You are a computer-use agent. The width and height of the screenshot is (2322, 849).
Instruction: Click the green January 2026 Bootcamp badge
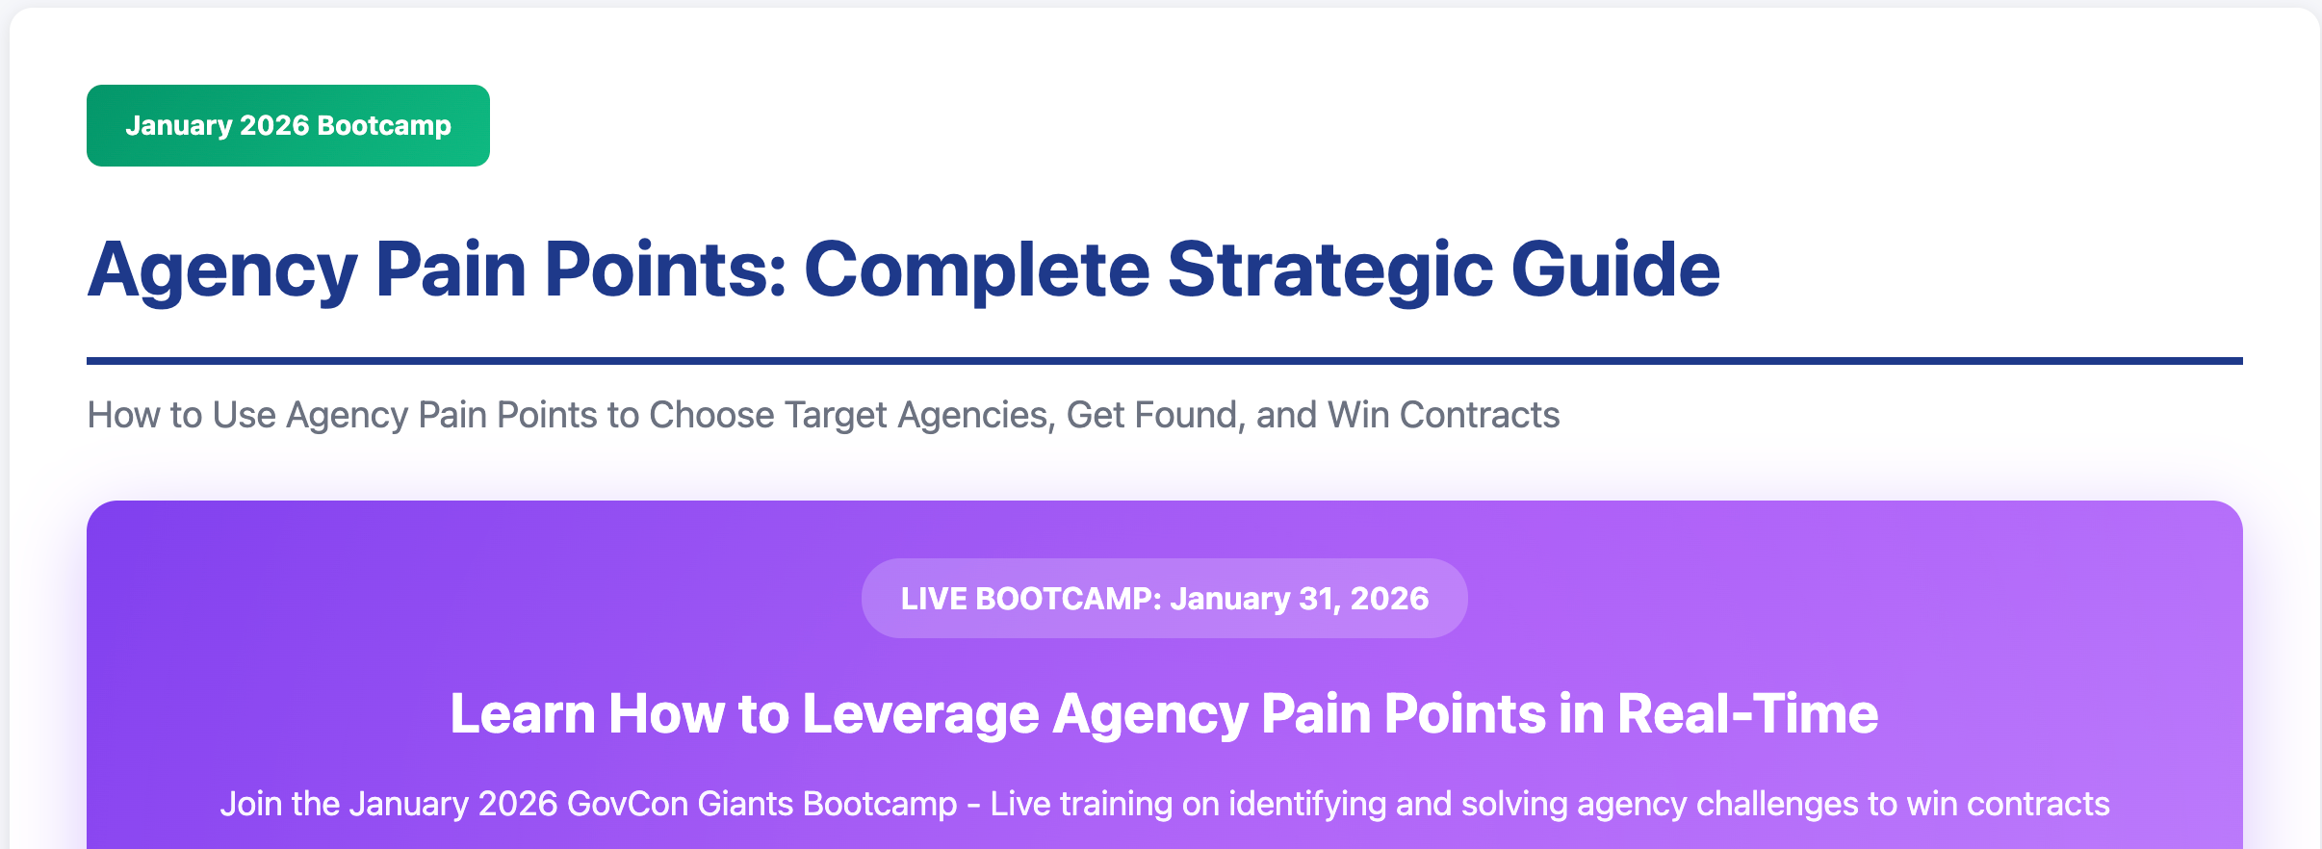point(288,125)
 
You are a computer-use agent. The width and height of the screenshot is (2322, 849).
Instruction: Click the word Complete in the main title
point(976,270)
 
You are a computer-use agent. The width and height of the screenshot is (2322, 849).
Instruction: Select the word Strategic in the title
point(1329,270)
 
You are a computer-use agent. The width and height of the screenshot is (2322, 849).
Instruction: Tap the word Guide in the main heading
point(1615,270)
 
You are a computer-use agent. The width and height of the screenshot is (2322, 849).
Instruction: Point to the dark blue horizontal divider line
point(1164,361)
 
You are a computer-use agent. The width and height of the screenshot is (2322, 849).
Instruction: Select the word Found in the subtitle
point(1190,415)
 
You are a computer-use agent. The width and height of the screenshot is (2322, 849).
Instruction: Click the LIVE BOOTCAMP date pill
point(1164,598)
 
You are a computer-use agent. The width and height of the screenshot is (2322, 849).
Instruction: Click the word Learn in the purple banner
point(523,714)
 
